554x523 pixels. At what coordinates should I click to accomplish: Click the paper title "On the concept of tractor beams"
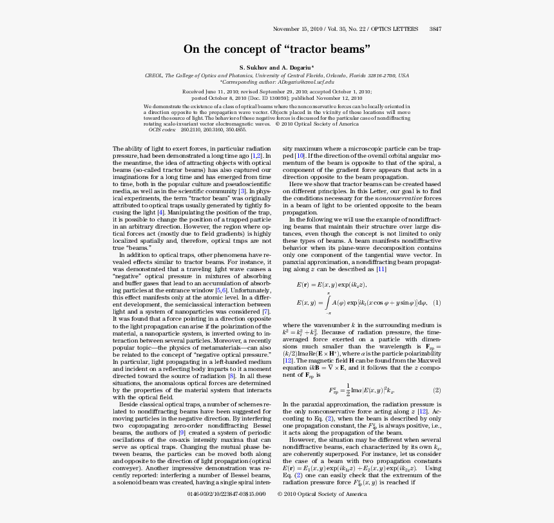click(277, 49)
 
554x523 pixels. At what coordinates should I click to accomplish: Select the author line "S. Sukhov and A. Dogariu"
click(277, 68)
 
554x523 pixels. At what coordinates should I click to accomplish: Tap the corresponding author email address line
click(277, 82)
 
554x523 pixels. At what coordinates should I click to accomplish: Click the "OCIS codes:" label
click(162, 129)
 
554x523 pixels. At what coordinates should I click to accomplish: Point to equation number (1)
click(436, 303)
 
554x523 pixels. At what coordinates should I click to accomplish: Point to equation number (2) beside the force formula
click(436, 390)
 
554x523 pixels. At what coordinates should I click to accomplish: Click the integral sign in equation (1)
click(327, 303)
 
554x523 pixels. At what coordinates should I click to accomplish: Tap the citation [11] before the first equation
click(381, 269)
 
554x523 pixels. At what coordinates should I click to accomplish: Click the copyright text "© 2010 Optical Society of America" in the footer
click(322, 494)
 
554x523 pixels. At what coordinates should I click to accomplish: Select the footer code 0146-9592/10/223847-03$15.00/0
click(225, 494)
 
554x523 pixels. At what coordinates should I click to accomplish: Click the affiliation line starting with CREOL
click(277, 75)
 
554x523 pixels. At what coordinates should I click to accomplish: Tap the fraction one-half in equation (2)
click(347, 390)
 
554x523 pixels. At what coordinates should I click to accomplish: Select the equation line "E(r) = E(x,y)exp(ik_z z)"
click(332, 284)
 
